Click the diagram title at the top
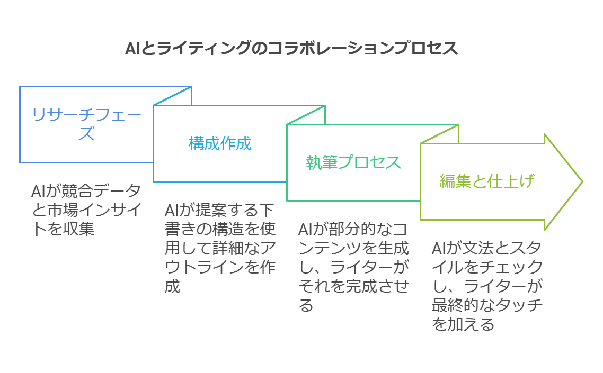click(x=291, y=48)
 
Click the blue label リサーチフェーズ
click(x=86, y=124)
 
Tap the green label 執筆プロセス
click(x=353, y=162)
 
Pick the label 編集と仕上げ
click(x=486, y=181)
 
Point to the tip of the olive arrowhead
click(x=581, y=182)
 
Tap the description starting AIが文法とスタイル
click(x=487, y=286)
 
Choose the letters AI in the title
click(x=132, y=48)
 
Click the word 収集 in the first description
click(x=79, y=229)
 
